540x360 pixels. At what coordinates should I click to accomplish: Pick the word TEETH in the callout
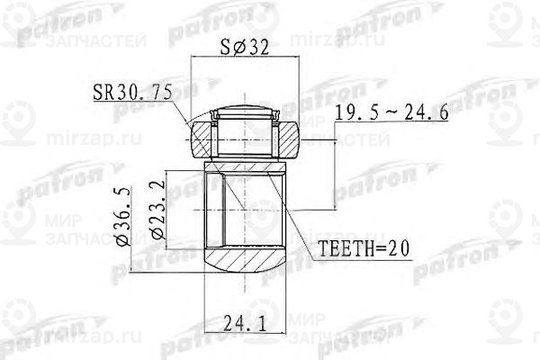[337, 248]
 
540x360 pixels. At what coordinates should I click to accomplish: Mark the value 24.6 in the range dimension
[431, 114]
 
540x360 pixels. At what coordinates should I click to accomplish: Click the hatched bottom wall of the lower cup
[243, 266]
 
